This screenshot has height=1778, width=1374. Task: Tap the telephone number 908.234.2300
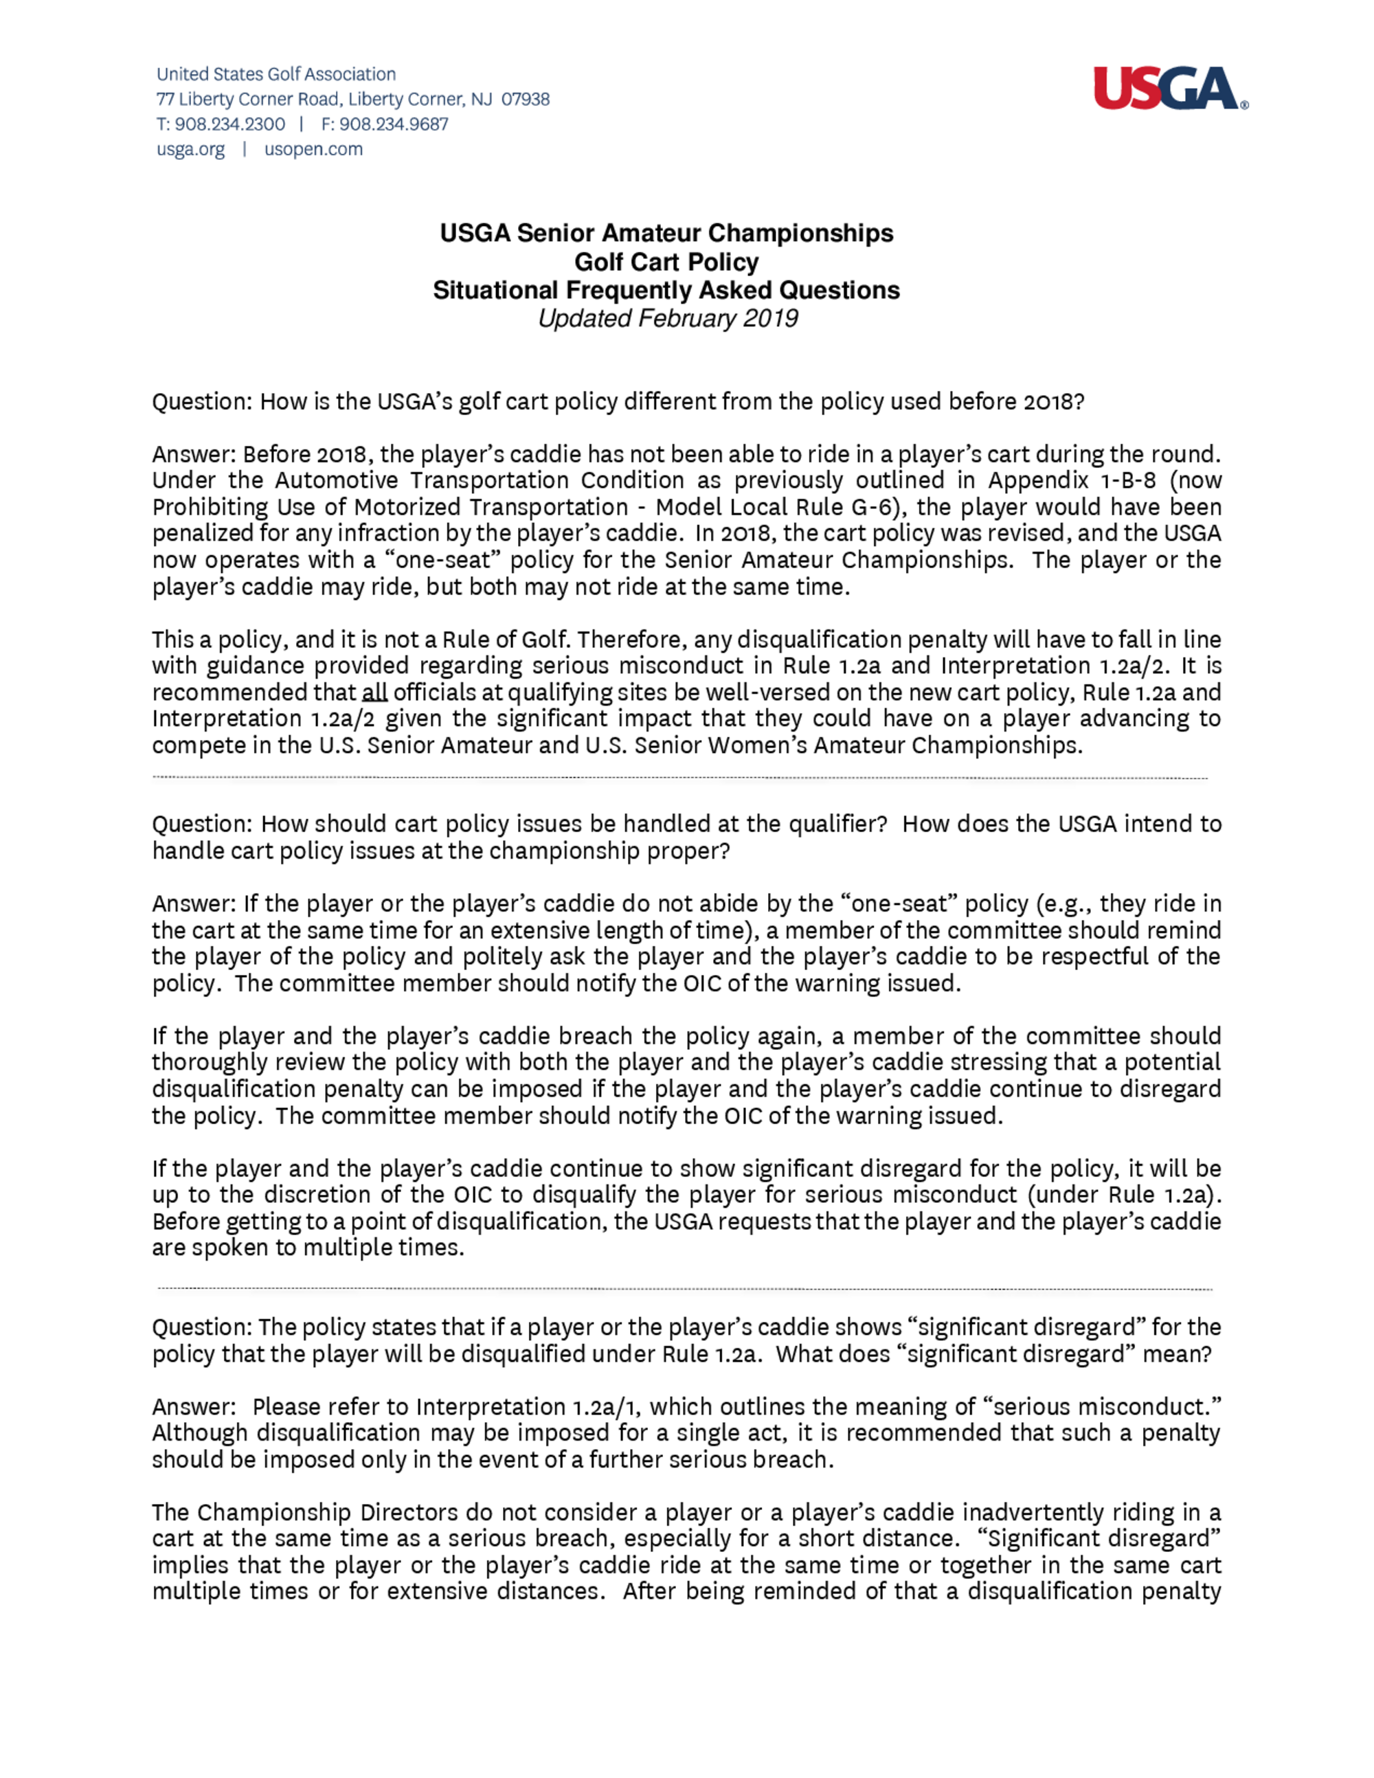coord(229,124)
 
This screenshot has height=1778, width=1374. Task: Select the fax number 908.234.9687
coord(393,124)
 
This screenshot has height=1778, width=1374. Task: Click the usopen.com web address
coord(313,150)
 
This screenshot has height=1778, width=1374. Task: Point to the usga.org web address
coord(190,150)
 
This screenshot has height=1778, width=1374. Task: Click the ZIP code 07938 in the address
coord(525,100)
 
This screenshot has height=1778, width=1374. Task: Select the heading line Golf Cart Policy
coord(666,262)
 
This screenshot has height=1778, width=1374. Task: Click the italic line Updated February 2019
coord(668,318)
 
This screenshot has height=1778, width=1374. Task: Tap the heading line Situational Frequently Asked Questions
coord(666,291)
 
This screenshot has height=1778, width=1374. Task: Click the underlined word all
coord(374,693)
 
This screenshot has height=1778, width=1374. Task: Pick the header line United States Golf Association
coord(276,74)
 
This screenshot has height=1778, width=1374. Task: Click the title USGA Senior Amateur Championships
coord(666,234)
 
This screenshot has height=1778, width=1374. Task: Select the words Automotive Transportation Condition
coord(480,480)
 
